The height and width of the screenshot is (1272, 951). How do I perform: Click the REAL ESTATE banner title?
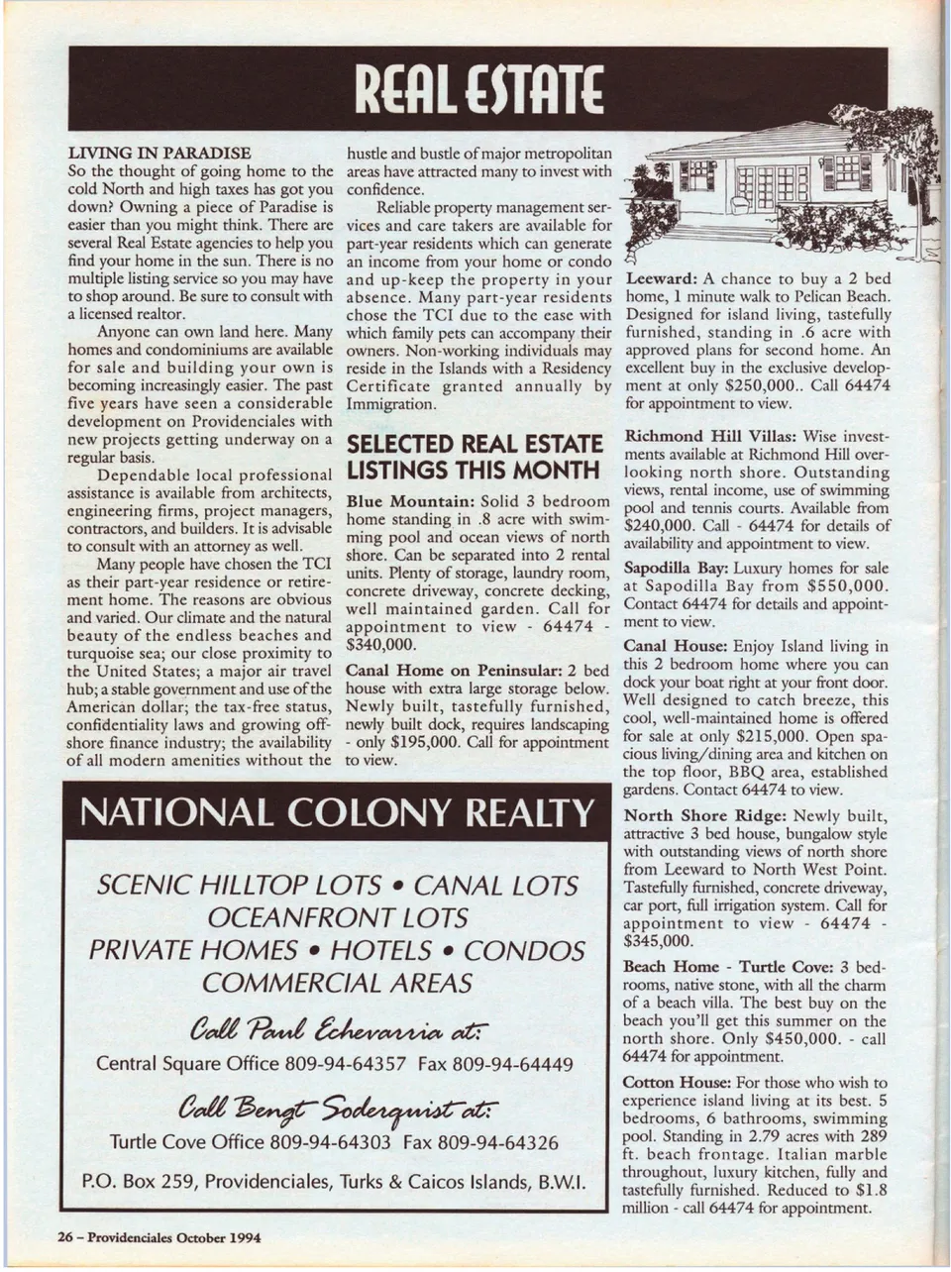(x=478, y=90)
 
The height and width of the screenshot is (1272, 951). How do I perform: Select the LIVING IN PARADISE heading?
(x=158, y=154)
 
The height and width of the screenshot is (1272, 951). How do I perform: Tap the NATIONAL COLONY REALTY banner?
(x=336, y=813)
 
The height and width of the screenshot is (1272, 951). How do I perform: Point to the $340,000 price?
(x=380, y=644)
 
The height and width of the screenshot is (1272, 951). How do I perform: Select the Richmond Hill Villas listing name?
(x=709, y=436)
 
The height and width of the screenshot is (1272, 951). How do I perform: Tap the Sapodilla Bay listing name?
(x=672, y=569)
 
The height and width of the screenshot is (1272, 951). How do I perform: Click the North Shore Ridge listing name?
(x=704, y=816)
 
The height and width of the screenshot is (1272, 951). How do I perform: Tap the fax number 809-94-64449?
(x=512, y=1065)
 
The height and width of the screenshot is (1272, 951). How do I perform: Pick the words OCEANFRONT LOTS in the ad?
(x=336, y=917)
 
